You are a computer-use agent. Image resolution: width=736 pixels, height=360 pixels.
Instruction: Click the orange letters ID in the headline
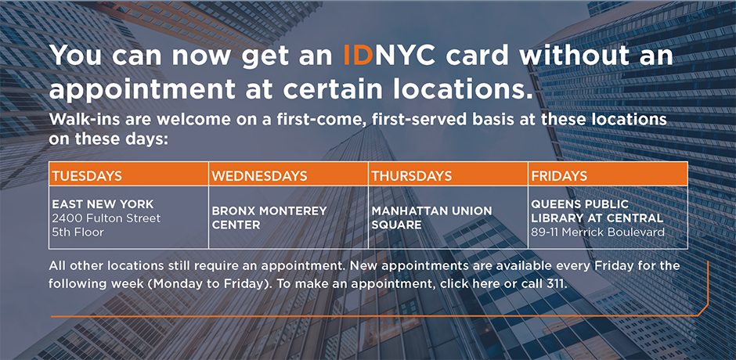pos(362,56)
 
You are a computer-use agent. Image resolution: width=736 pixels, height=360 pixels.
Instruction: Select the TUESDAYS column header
pos(86,175)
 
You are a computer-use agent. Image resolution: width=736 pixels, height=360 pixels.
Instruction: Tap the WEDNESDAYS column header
pos(258,175)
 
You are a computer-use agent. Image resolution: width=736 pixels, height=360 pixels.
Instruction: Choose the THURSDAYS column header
pos(412,175)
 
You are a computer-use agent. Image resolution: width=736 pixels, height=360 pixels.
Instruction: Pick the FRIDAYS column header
pos(559,175)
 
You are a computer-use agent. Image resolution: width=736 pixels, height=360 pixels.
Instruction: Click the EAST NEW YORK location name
pos(102,204)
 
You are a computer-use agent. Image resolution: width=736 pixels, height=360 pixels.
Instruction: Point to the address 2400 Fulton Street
pos(106,218)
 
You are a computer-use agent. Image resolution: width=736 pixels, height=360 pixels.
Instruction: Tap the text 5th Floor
pos(78,232)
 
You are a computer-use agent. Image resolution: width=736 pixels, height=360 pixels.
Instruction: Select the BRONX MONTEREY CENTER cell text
pos(269,218)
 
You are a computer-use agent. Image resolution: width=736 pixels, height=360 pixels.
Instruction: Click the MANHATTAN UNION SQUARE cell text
pos(431,218)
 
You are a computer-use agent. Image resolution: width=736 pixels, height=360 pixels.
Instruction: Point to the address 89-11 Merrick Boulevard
pos(597,232)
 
